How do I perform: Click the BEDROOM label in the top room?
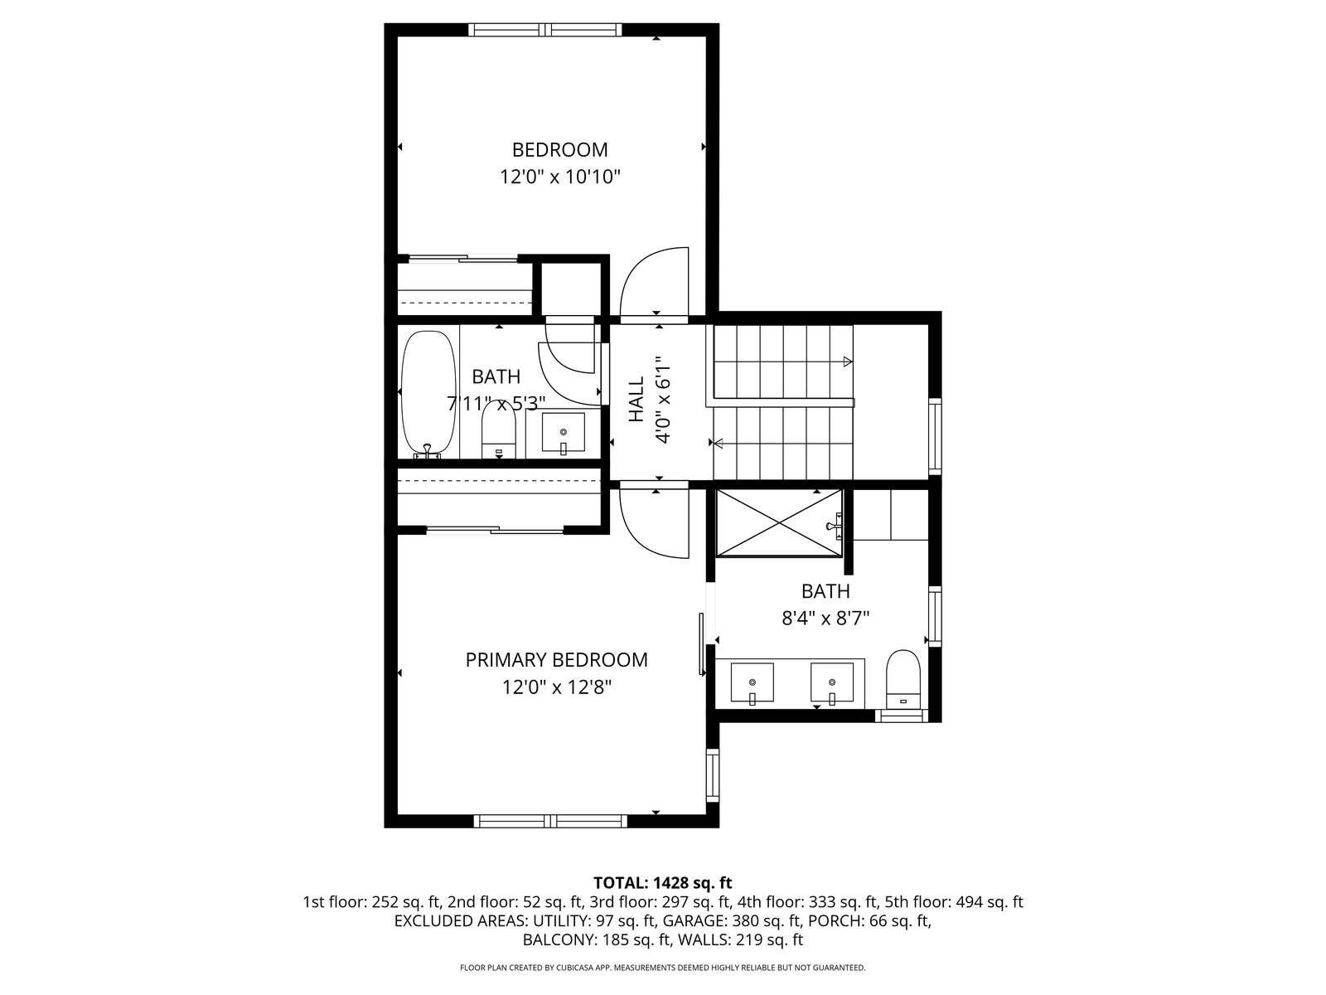point(559,149)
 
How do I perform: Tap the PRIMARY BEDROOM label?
point(556,660)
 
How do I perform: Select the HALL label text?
point(636,400)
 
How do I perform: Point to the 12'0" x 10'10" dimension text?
point(560,177)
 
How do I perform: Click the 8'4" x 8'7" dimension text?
point(825,618)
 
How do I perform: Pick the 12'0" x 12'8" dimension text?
point(557,687)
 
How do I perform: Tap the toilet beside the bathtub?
point(499,429)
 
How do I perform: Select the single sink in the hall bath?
point(563,433)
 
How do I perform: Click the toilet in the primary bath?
point(903,679)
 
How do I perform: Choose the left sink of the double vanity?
point(753,684)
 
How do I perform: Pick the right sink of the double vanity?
point(832,684)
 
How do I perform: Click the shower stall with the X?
point(779,522)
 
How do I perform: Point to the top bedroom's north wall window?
point(545,30)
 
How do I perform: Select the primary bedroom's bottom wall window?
point(550,821)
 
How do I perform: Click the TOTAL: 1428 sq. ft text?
point(663,883)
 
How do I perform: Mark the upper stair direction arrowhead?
point(848,362)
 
